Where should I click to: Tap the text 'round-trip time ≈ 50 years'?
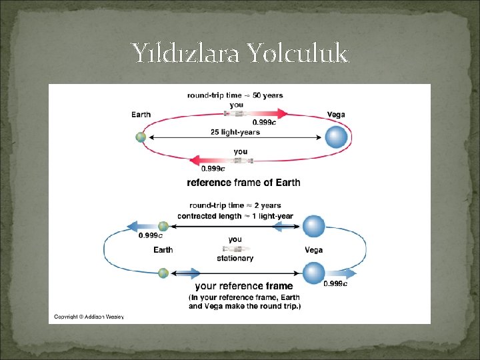click(x=235, y=95)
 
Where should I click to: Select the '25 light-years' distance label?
click(x=235, y=132)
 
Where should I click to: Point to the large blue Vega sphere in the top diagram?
click(x=337, y=138)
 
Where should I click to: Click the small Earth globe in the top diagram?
click(x=141, y=137)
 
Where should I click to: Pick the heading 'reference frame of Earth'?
click(x=243, y=182)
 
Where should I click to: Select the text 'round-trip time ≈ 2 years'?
click(x=235, y=205)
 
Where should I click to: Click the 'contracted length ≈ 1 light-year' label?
click(x=235, y=216)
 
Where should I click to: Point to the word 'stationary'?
click(x=235, y=258)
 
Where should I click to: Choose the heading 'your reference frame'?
click(x=243, y=286)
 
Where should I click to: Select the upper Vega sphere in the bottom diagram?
click(x=313, y=226)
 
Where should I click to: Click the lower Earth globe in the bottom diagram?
click(x=163, y=273)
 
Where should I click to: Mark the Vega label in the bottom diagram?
click(x=313, y=250)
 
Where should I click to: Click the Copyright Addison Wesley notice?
click(x=89, y=317)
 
